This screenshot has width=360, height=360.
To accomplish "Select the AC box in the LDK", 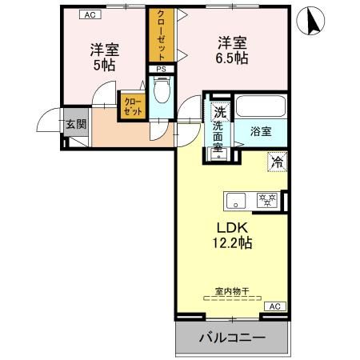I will click(x=274, y=306).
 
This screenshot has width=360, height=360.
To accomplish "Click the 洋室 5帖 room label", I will click(x=104, y=55).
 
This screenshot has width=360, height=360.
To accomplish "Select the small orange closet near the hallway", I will click(x=133, y=107).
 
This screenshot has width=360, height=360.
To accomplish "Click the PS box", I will click(x=162, y=70).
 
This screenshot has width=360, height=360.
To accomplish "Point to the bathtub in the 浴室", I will click(x=261, y=107).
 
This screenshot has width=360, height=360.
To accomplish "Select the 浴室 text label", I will click(x=260, y=129).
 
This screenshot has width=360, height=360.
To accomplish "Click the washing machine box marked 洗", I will click(x=218, y=112).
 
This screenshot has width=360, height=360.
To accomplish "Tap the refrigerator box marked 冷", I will click(x=277, y=162).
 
